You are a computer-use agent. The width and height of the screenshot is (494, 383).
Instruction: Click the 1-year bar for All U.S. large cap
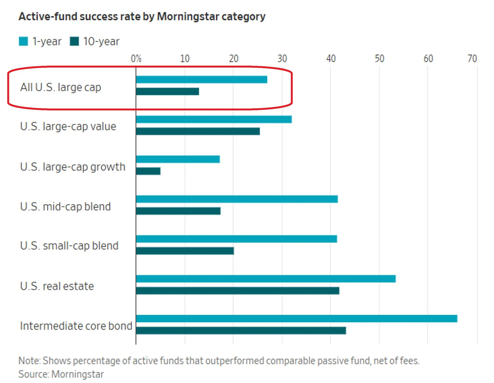[x=201, y=79]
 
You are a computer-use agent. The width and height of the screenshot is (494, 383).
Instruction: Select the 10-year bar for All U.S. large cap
[x=167, y=91]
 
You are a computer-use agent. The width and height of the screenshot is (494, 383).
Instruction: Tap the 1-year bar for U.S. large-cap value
[x=214, y=119]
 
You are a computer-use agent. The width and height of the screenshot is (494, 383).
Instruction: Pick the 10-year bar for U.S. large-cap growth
[x=148, y=171]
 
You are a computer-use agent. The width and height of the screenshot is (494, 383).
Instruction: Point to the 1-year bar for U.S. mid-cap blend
[x=237, y=199]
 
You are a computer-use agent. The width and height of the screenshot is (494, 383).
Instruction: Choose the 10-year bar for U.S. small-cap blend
[x=185, y=251]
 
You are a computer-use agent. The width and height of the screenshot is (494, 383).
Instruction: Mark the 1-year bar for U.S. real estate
[x=266, y=279]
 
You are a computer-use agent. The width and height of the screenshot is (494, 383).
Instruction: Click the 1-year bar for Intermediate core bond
[x=296, y=318]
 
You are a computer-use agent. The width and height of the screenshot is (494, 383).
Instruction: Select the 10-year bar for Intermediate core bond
[x=241, y=331]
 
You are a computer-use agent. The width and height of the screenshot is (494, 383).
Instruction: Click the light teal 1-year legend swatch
[x=23, y=41]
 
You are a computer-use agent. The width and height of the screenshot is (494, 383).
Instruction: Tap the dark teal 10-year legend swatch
[x=74, y=41]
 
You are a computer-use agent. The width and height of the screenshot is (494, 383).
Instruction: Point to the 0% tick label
[x=136, y=59]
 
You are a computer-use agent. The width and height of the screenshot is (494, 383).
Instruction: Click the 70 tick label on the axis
[x=472, y=59]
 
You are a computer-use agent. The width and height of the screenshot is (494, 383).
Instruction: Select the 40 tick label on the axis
[x=331, y=59]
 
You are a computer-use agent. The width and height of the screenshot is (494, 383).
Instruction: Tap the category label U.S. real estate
[x=57, y=286]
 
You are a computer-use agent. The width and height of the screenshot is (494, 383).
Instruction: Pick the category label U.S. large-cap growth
[x=73, y=167]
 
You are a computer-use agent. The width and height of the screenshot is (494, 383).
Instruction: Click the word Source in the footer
[x=33, y=374]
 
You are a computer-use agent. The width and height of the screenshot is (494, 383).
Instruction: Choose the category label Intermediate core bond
[x=76, y=326]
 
